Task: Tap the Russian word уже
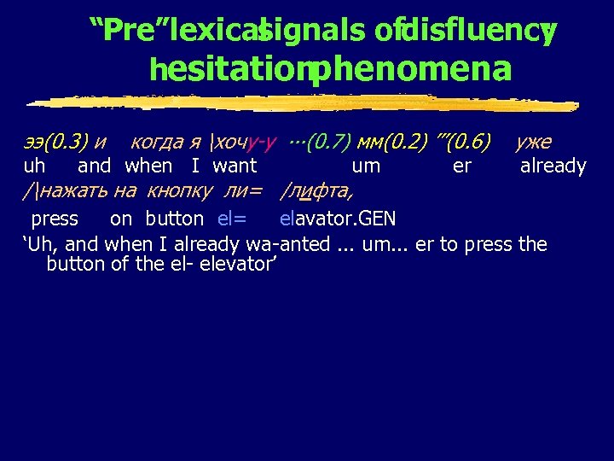click(x=533, y=140)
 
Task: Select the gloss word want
click(x=235, y=166)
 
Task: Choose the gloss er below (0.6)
click(x=461, y=166)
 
